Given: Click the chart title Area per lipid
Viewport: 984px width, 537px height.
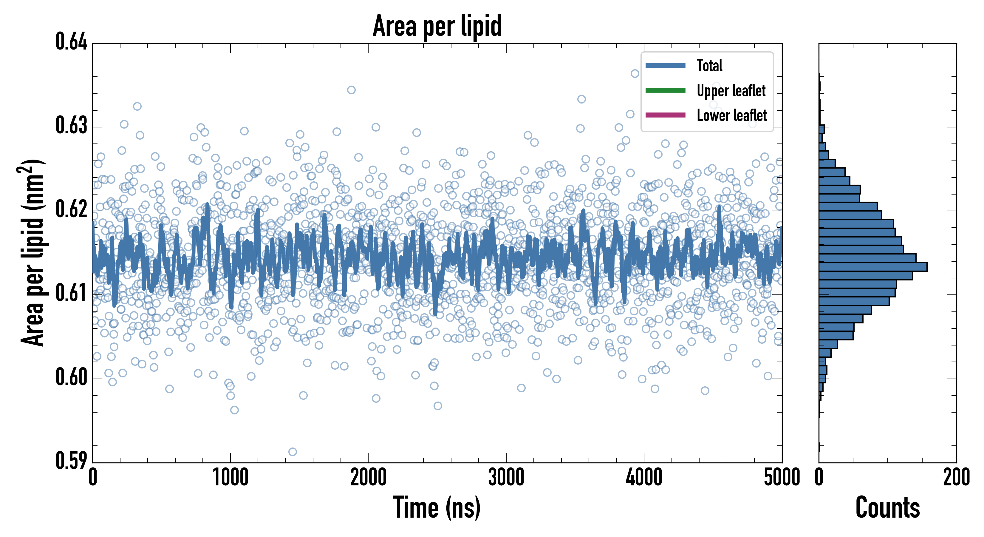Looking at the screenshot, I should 437,26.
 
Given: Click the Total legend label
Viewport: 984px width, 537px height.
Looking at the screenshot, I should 709,65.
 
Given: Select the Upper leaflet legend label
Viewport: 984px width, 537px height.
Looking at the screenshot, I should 731,91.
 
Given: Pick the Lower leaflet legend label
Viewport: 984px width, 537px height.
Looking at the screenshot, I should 731,115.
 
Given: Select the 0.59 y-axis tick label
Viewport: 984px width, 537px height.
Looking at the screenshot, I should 72,461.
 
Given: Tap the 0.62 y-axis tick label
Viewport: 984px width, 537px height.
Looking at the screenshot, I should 72,209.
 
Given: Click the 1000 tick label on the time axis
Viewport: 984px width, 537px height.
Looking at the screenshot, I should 230,477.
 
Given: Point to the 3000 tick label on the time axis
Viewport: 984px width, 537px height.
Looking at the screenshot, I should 506,477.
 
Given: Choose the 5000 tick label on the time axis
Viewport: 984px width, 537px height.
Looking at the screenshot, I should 782,477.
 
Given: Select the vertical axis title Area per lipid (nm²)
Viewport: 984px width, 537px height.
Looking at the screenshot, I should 33,253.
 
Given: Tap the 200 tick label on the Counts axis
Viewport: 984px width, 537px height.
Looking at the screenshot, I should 956,477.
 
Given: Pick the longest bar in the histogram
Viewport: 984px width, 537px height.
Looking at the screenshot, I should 873,267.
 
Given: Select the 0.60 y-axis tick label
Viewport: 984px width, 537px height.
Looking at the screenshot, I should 72,377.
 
